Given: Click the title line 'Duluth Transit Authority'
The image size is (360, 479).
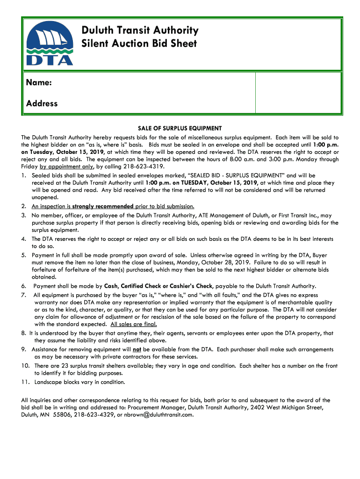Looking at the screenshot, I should click(140, 31).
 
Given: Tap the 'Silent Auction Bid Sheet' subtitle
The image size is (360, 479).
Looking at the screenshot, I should click(139, 44).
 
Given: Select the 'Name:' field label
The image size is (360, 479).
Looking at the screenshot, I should click(39, 83).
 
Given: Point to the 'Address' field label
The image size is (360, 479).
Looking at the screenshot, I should click(42, 103).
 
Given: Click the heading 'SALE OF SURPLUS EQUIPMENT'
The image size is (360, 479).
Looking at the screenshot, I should click(180, 129).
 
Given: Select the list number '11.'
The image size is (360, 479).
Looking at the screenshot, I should click(26, 383).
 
